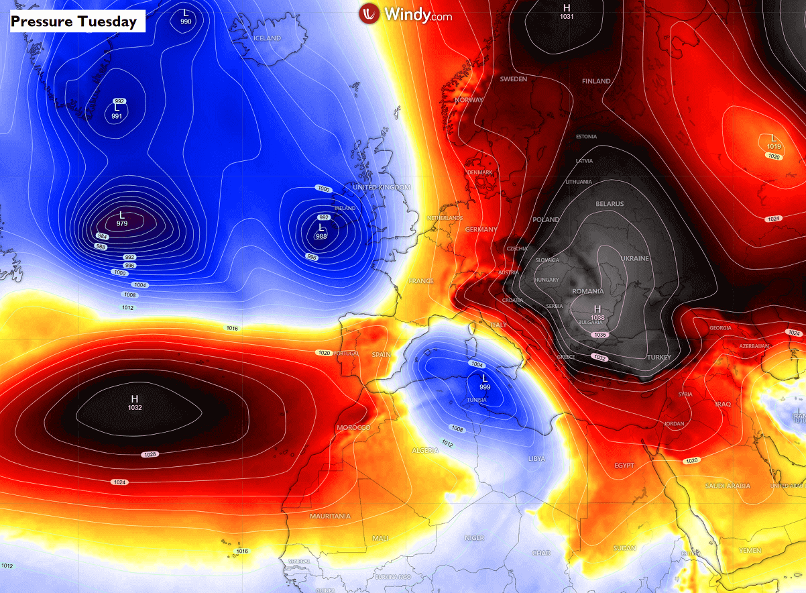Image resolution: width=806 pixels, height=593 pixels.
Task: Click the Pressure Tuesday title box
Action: click(74, 21)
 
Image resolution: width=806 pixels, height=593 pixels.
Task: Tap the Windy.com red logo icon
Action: click(369, 14)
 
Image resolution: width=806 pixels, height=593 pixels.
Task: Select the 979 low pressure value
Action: click(122, 223)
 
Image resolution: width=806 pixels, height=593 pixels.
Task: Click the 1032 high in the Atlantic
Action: click(134, 407)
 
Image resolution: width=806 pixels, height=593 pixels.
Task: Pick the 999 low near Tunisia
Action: click(484, 388)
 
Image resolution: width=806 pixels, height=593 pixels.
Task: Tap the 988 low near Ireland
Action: click(321, 236)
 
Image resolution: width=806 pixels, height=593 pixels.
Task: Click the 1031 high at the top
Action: click(567, 16)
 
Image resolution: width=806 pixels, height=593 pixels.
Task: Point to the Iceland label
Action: click(267, 38)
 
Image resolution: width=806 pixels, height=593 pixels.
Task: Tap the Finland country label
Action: click(596, 81)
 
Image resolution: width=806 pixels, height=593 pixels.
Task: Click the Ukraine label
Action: click(634, 258)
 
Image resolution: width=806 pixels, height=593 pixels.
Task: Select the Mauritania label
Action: click(330, 516)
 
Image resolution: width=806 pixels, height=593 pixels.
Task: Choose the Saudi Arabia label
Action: click(728, 486)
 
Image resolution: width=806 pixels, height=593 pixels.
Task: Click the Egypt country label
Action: click(624, 466)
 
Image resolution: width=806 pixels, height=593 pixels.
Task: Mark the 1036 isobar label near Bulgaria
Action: click(599, 335)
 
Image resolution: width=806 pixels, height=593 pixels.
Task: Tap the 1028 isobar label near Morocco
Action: click(150, 455)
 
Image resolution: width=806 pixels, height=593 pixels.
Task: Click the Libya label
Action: click(536, 458)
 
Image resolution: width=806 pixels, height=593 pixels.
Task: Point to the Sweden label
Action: click(514, 79)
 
